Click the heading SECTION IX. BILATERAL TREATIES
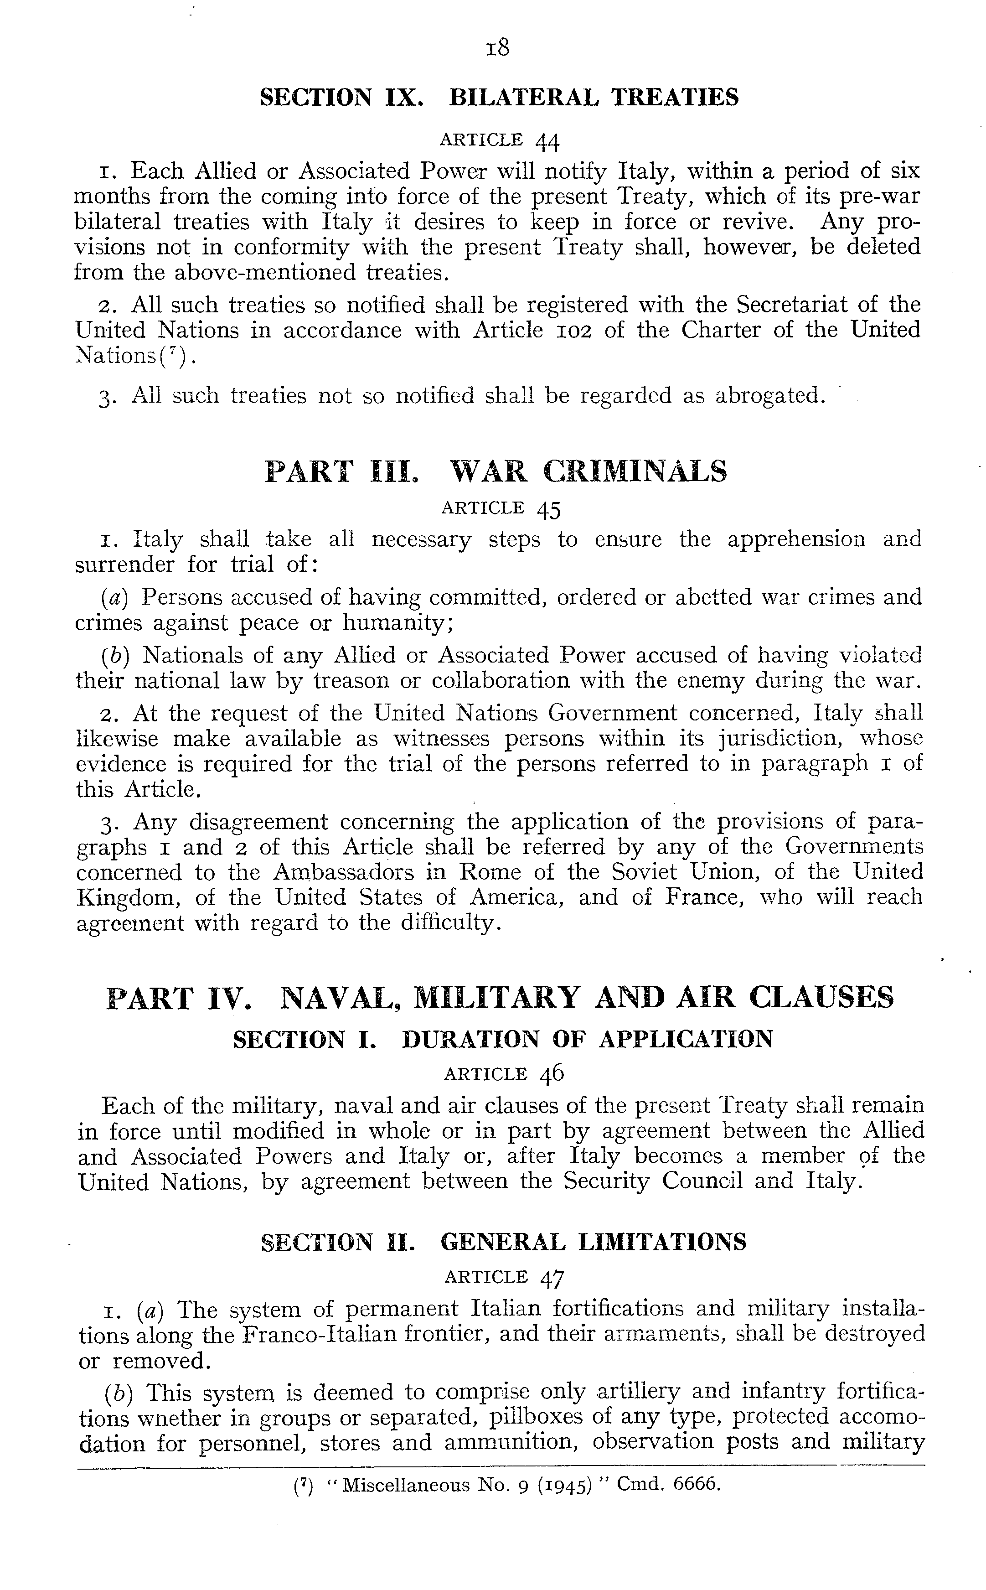point(499,98)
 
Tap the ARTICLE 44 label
point(500,140)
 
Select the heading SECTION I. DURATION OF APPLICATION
point(502,1038)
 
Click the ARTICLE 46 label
point(503,1073)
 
